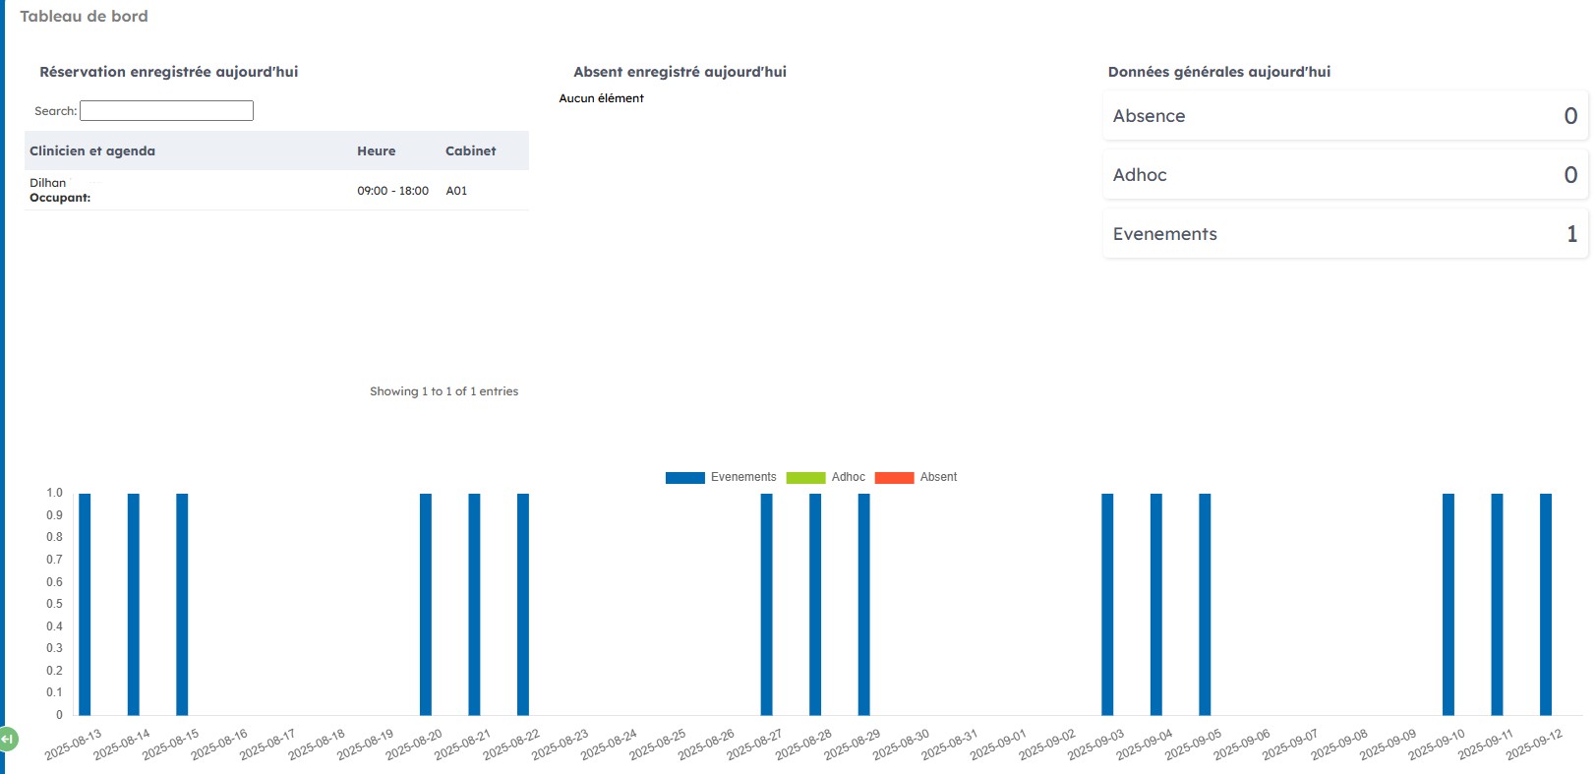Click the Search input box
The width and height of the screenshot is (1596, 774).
(x=166, y=110)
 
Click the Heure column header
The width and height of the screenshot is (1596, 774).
(x=376, y=150)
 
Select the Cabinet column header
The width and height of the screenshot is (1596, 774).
(x=470, y=150)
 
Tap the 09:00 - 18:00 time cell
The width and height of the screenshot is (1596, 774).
(x=392, y=191)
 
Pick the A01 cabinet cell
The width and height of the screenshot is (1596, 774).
(x=456, y=191)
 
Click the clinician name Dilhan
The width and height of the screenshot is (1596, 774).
(x=47, y=183)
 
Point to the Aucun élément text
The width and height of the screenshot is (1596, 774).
(x=601, y=98)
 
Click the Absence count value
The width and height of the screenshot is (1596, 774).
(x=1570, y=116)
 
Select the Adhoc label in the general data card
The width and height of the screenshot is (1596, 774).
(x=1140, y=175)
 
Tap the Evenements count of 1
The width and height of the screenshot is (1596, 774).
(x=1571, y=234)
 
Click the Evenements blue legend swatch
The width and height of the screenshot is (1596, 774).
(x=684, y=478)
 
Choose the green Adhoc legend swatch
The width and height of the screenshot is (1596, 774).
(x=805, y=478)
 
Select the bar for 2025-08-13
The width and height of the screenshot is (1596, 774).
(x=85, y=604)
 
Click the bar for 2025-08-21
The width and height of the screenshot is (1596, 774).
(x=474, y=604)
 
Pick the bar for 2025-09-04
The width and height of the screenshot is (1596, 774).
(x=1156, y=604)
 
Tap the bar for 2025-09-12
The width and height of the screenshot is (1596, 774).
(x=1546, y=604)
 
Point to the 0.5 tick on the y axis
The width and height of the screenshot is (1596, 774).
(x=54, y=604)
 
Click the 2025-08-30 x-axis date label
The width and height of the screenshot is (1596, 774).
(x=902, y=744)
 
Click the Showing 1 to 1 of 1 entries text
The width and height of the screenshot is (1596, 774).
(x=443, y=391)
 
